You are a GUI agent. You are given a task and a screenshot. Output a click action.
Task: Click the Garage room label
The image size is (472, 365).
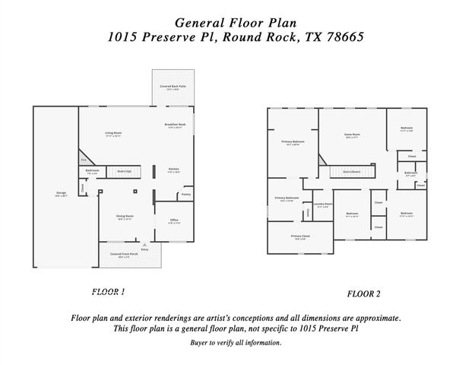pyautogui.click(x=62, y=193)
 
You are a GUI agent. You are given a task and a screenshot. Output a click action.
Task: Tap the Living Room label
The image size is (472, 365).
pyautogui.click(x=113, y=133)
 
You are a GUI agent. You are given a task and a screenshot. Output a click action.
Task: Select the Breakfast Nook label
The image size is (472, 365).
pyautogui.click(x=175, y=125)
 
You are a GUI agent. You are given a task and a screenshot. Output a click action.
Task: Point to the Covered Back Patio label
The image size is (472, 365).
pyautogui.click(x=173, y=87)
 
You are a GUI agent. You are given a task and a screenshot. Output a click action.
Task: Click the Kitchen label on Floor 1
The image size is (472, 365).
pyautogui.click(x=173, y=169)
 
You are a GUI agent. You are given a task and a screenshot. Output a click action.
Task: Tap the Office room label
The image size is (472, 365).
pyautogui.click(x=174, y=221)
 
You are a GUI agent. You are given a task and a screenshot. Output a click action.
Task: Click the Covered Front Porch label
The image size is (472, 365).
pyautogui.click(x=123, y=254)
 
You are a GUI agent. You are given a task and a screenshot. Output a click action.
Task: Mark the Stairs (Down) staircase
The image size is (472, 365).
pyautogui.click(x=350, y=173)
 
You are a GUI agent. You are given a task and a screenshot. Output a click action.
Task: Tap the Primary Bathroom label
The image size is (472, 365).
pyautogui.click(x=287, y=199)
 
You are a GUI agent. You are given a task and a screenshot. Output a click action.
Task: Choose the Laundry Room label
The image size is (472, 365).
pyautogui.click(x=322, y=204)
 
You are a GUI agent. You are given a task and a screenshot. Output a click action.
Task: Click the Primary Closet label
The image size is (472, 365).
pyautogui.click(x=299, y=236)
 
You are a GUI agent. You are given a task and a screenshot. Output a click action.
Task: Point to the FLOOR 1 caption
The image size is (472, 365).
pyautogui.click(x=108, y=291)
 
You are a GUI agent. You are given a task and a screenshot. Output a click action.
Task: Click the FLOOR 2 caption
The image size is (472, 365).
pyautogui.click(x=363, y=294)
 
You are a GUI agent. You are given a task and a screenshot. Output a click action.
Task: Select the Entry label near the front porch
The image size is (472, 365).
pyautogui.click(x=145, y=249)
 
